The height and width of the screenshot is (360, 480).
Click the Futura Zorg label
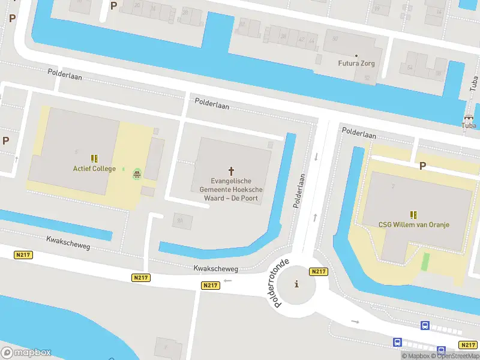coord(356,63)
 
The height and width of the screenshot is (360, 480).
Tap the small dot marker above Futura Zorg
coord(356,55)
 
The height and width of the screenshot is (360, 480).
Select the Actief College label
coord(95,169)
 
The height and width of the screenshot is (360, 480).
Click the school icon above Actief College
coord(94,158)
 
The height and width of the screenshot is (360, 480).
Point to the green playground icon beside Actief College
coord(137,175)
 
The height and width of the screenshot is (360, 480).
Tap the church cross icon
coord(231,170)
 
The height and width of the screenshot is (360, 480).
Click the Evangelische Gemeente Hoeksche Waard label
coord(231,190)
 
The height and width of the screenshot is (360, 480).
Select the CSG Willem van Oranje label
coord(414,225)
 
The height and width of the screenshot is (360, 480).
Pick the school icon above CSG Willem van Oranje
coord(413,214)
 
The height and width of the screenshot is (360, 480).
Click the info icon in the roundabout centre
coord(296,284)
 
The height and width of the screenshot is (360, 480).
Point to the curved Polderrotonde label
coord(282,283)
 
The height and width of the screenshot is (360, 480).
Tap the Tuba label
coord(469,125)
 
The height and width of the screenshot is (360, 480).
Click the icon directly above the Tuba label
coord(469,117)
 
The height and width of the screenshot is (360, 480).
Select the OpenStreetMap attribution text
coord(455,356)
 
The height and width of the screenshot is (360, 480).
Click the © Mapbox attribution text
coord(415,356)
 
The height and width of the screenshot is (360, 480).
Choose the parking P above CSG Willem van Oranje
coord(422,166)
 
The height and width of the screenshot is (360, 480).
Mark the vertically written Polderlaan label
coord(299,191)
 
